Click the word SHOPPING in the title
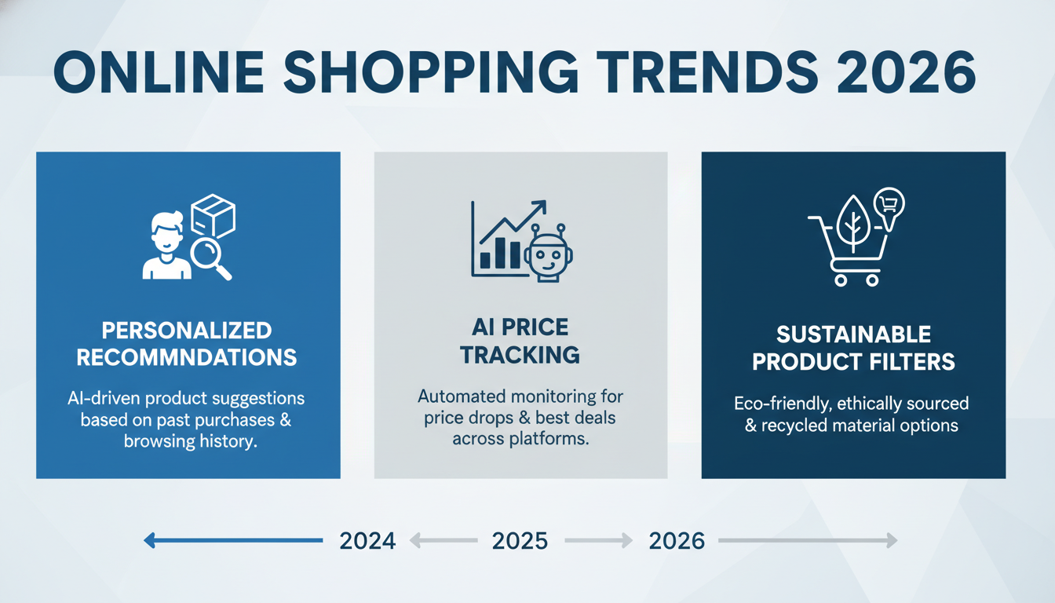(430, 72)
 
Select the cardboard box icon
(213, 216)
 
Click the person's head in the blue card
(166, 231)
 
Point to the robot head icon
(548, 254)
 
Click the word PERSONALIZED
(187, 331)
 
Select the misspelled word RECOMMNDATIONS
(187, 357)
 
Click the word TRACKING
(520, 355)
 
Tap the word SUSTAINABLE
(853, 335)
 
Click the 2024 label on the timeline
(367, 541)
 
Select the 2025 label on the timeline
(520, 541)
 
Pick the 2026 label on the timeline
(677, 541)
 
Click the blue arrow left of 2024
(233, 540)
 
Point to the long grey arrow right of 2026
(808, 540)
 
